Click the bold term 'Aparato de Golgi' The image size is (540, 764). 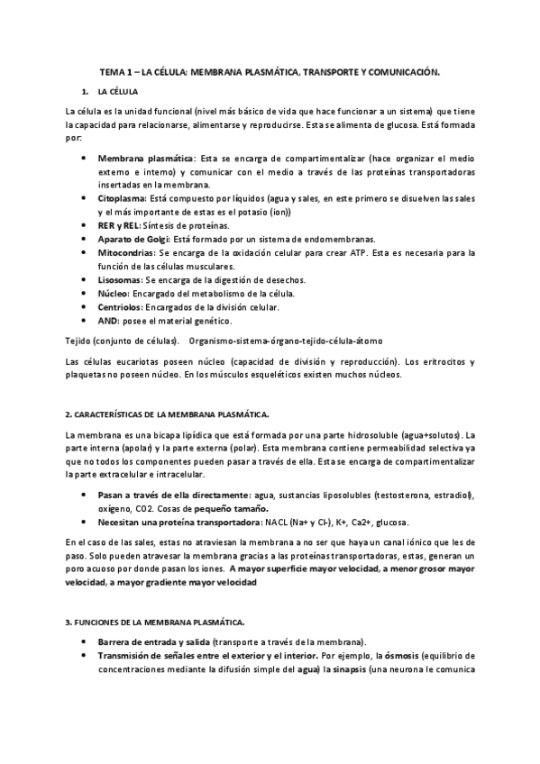pos(133,239)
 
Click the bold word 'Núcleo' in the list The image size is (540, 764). pos(114,294)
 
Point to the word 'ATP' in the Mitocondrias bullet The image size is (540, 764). pos(335,253)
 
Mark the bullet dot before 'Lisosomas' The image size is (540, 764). pos(83,279)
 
